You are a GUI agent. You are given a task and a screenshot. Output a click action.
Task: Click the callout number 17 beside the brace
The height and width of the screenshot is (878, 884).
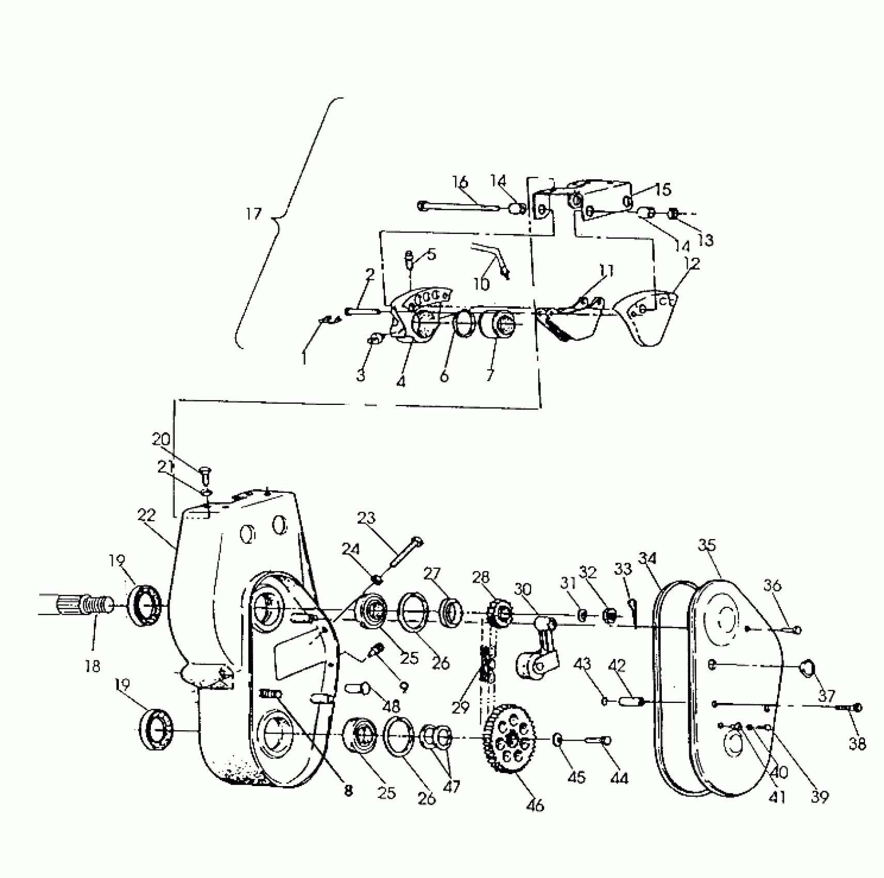[253, 213]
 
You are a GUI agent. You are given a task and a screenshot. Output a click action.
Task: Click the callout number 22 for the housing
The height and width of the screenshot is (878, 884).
[147, 515]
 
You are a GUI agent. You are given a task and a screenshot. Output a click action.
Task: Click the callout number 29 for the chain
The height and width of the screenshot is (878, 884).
[460, 707]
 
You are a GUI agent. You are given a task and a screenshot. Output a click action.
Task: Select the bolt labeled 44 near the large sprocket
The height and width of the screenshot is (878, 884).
[598, 741]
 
